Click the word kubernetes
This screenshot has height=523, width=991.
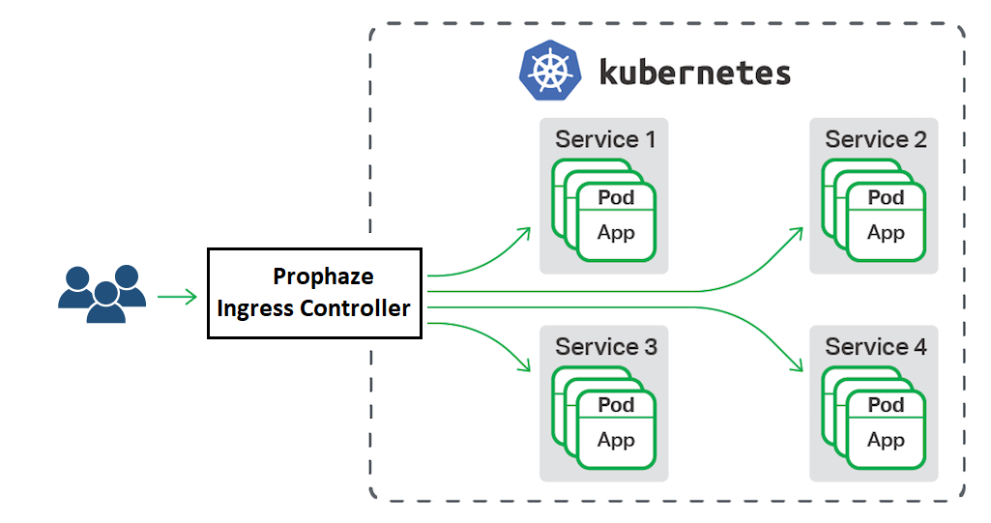(694, 73)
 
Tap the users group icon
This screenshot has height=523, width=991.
(102, 293)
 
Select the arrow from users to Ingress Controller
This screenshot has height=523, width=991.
(178, 296)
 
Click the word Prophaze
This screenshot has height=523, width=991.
(323, 276)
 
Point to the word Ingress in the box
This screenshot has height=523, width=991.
(253, 308)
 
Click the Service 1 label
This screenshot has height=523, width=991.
(605, 139)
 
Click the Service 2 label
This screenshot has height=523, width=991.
(875, 139)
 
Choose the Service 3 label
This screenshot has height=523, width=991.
(605, 346)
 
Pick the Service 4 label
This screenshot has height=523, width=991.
(875, 346)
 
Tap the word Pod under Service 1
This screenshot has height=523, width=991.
(616, 197)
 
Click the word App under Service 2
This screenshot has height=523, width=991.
(886, 233)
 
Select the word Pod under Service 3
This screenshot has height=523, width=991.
(616, 404)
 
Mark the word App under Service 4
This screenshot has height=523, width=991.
(886, 440)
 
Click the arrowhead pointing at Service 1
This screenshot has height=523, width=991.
(526, 231)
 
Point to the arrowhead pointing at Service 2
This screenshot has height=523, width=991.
(799, 232)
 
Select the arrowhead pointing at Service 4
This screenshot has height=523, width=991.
(799, 366)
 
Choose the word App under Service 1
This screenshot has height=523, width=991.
(616, 233)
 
